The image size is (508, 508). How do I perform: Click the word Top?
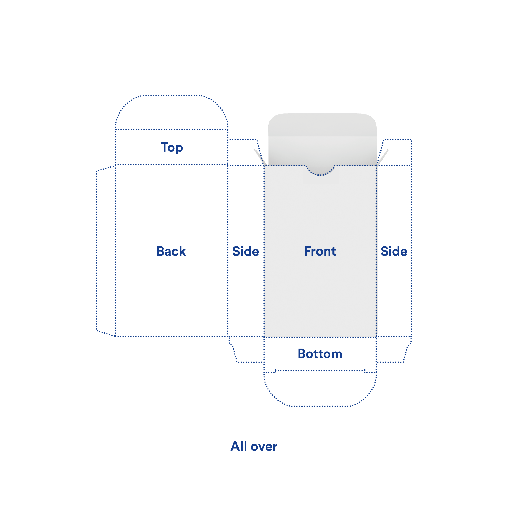172,148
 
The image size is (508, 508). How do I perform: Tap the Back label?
171,251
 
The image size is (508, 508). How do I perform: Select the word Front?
320,251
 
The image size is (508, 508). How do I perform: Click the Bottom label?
320,354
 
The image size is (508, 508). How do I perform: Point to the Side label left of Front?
246,251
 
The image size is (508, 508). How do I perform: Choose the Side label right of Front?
394,251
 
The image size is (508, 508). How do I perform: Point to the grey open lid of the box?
322,139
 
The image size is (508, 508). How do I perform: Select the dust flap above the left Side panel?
245,152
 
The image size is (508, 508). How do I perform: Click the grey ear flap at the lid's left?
261,157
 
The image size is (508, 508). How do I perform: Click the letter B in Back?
161,251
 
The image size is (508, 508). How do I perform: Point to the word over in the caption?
264,447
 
